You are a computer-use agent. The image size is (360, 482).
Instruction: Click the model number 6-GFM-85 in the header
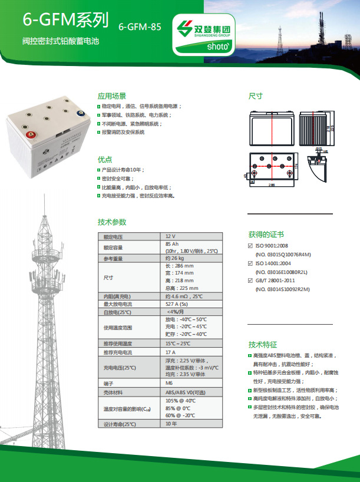point(140,27)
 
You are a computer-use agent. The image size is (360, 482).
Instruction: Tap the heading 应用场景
point(111,96)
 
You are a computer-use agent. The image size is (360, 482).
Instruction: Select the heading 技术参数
point(111,222)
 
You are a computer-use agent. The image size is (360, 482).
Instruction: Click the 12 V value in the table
point(170,236)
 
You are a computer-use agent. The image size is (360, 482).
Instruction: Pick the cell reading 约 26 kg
point(176,259)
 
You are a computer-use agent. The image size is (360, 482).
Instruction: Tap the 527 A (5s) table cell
point(179,303)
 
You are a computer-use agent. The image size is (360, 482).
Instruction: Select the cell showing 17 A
point(171,352)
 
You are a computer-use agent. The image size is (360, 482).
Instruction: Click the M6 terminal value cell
point(170,382)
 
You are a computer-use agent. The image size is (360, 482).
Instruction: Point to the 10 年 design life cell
point(171,424)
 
